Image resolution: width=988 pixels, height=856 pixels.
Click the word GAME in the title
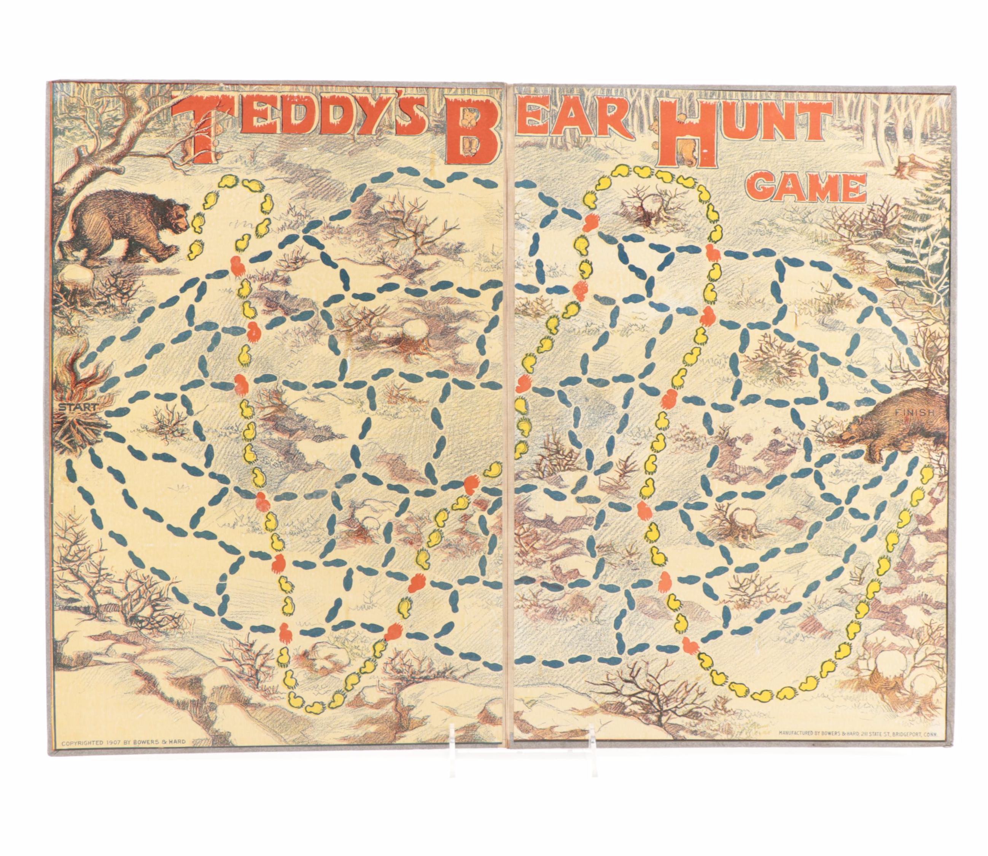(x=807, y=187)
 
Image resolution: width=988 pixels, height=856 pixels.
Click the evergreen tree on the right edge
(x=924, y=229)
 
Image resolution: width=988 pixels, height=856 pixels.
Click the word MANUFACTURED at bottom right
(x=798, y=746)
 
